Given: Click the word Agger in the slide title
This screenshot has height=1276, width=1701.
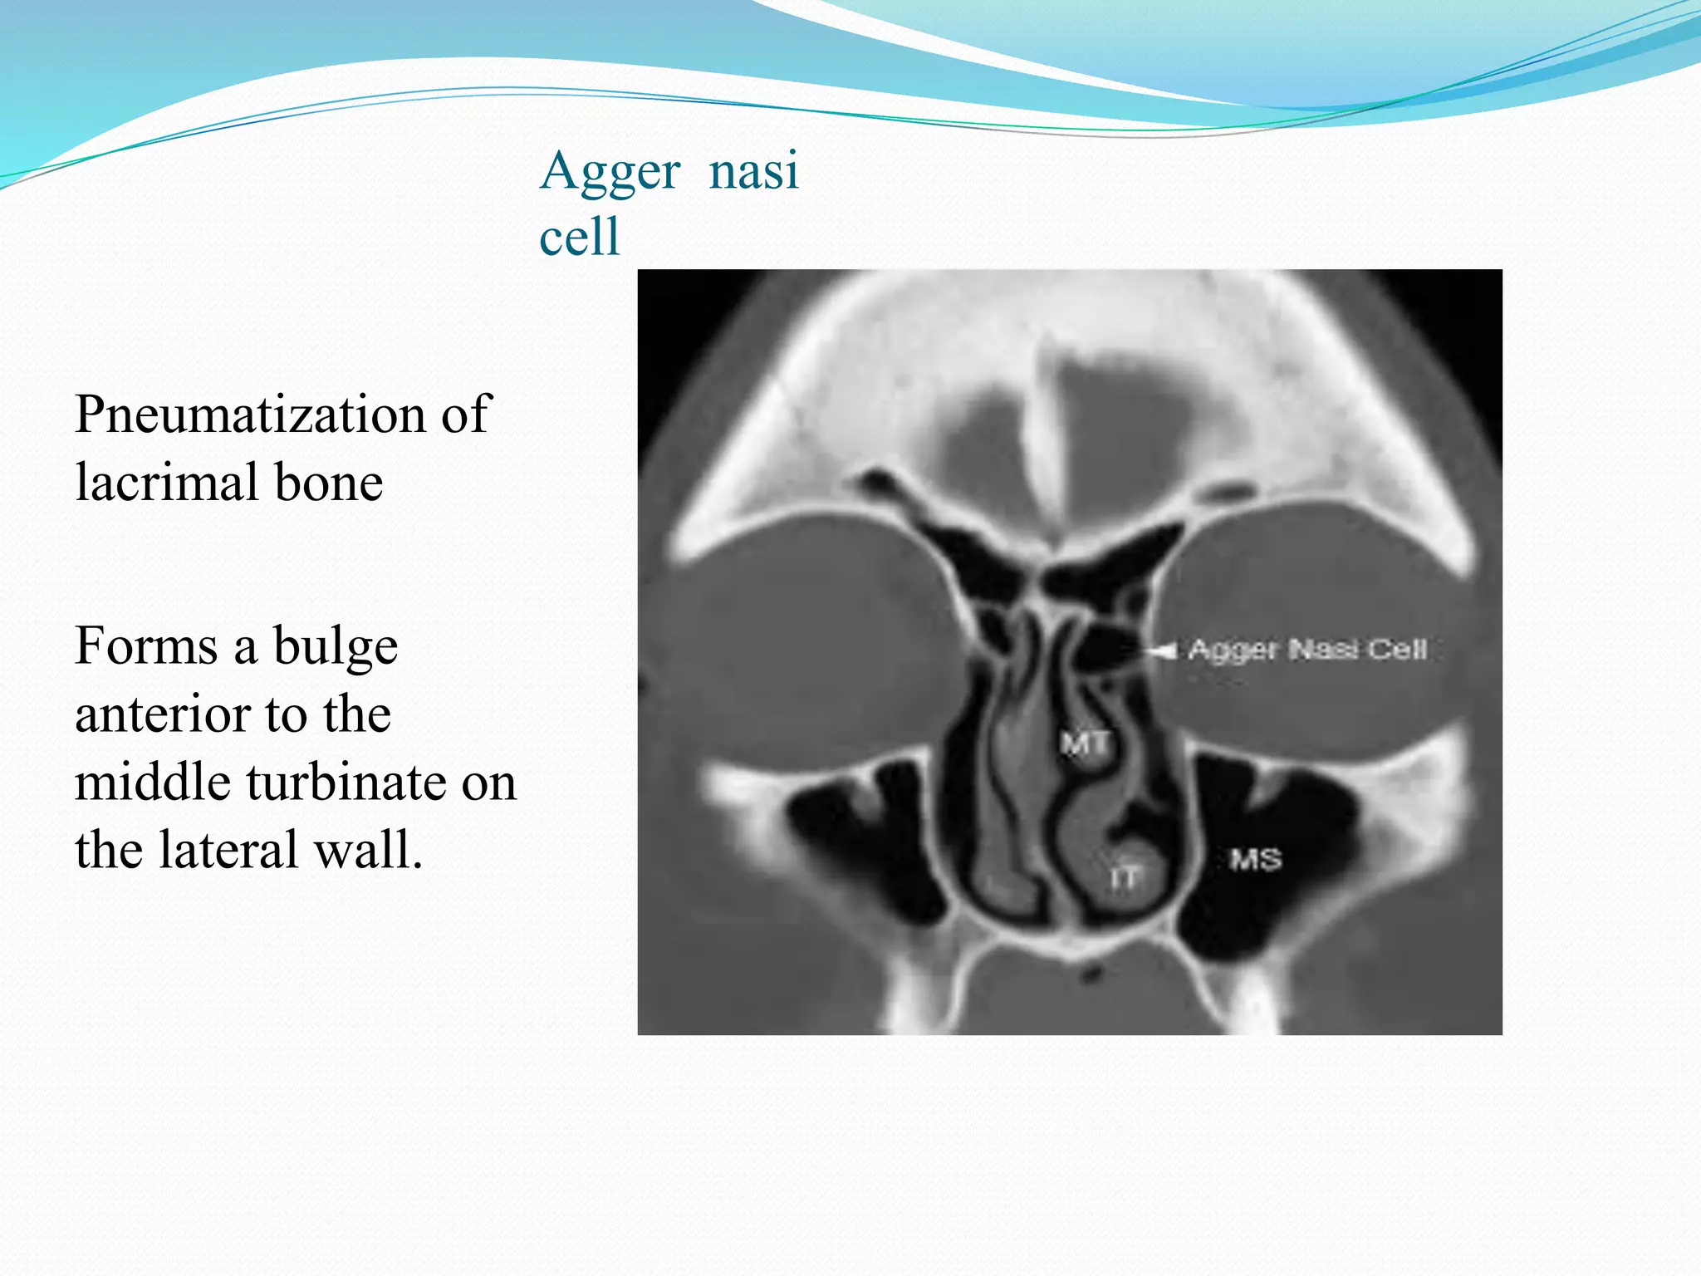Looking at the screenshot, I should pos(610,173).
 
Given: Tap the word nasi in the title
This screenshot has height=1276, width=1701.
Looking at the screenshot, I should pos(753,170).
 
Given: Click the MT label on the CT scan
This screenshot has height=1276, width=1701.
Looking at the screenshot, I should pos(1084,743).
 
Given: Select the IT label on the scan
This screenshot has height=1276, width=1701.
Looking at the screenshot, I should pos(1125,877).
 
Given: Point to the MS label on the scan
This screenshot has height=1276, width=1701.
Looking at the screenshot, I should pos(1255,859).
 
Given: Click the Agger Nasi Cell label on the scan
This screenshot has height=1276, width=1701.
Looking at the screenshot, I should pos(1307,650).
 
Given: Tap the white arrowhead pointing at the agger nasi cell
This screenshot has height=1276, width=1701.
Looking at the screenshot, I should pos(1163,650).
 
